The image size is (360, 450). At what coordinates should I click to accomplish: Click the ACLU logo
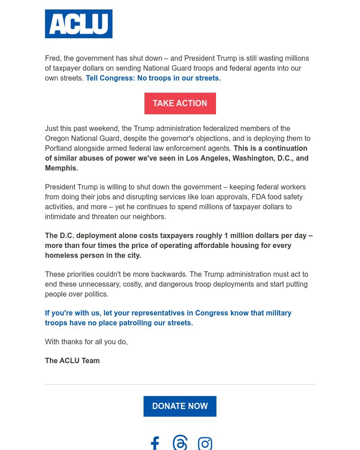[x=79, y=24]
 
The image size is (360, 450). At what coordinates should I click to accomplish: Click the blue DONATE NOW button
[x=180, y=406]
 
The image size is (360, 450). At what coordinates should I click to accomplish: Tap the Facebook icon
[x=155, y=443]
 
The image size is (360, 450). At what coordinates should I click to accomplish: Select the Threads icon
[x=180, y=443]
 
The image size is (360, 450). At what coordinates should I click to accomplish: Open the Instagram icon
[x=205, y=444]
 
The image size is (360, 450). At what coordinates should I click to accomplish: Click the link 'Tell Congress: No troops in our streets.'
[x=153, y=78]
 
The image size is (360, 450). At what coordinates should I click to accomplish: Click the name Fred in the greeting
[x=53, y=58]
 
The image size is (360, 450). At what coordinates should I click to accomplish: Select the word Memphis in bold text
[x=61, y=168]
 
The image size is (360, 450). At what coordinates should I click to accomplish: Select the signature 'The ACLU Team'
[x=72, y=361]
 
